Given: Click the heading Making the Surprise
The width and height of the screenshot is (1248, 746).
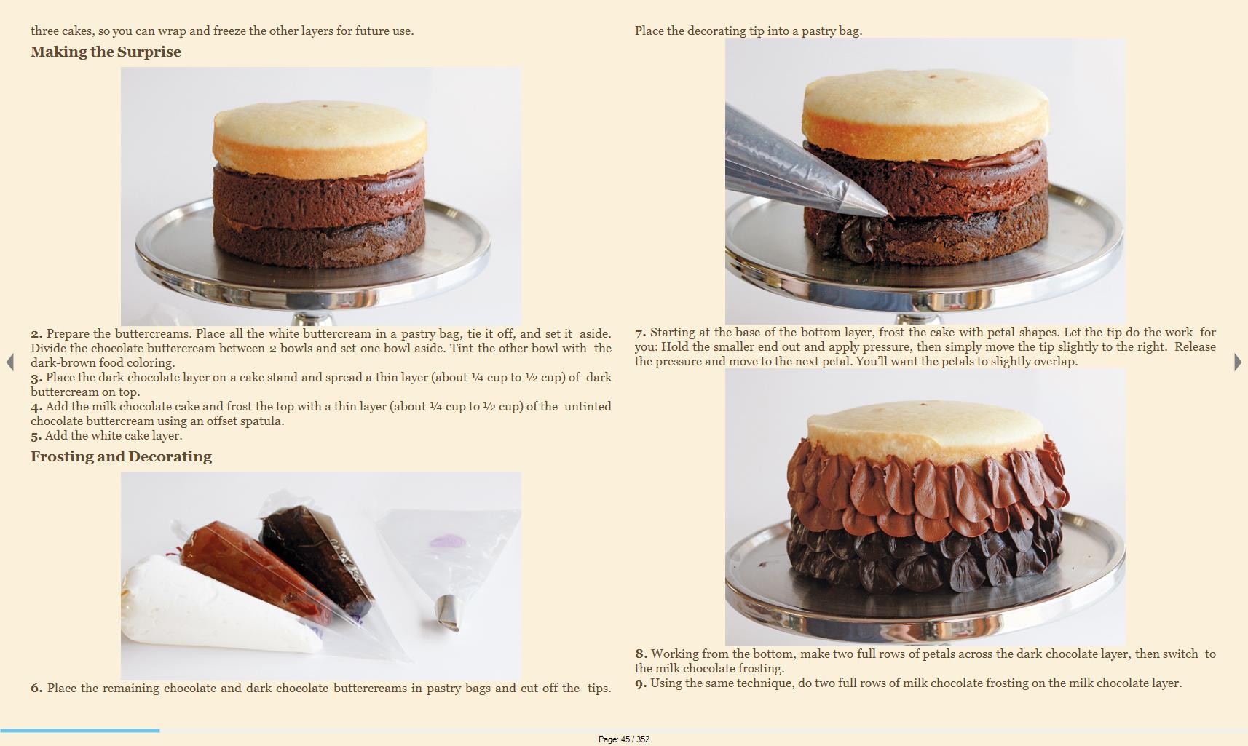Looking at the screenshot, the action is click(106, 52).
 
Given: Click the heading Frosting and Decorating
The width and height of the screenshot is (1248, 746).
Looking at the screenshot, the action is click(121, 456).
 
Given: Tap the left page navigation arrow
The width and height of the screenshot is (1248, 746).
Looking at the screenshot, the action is click(9, 362).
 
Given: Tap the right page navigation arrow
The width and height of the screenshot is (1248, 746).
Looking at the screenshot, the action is click(1238, 362).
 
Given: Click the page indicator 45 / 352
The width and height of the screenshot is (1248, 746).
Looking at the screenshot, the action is click(624, 739).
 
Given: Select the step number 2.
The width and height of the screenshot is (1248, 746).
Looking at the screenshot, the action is click(36, 334).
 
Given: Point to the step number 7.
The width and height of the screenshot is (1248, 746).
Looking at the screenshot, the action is click(640, 333).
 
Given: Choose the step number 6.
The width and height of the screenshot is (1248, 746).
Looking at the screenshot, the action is click(36, 689).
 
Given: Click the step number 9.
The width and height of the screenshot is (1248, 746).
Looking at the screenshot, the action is click(641, 683).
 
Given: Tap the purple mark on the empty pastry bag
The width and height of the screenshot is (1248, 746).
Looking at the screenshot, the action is click(447, 541).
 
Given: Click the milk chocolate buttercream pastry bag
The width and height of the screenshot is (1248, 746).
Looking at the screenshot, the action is click(256, 571).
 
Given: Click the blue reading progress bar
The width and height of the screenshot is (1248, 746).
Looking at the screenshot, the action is click(79, 730).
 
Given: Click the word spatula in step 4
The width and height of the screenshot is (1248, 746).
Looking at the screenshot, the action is click(264, 421).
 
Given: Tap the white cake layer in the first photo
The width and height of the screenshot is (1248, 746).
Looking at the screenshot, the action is click(320, 139).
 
